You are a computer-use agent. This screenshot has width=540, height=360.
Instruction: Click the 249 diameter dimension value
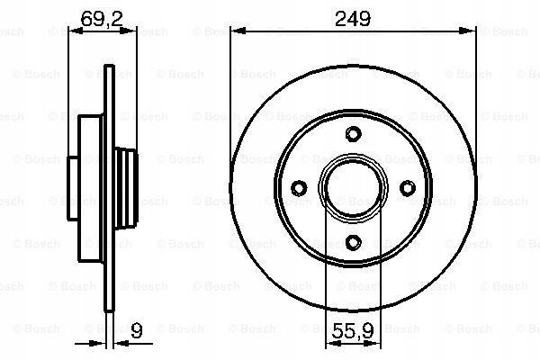353,18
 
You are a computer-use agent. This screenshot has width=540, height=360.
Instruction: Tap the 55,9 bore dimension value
353,330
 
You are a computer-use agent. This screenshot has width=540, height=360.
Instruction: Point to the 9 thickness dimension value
137,330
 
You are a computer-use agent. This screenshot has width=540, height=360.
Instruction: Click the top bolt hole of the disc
354,134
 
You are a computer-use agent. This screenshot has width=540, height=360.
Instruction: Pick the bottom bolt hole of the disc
354,242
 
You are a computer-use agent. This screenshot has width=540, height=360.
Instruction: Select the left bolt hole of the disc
299,188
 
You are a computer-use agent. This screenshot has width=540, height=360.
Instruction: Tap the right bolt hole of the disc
408,188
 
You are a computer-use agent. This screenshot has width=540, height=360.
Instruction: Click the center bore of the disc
354,188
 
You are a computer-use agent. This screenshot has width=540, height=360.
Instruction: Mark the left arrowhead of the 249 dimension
238,31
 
